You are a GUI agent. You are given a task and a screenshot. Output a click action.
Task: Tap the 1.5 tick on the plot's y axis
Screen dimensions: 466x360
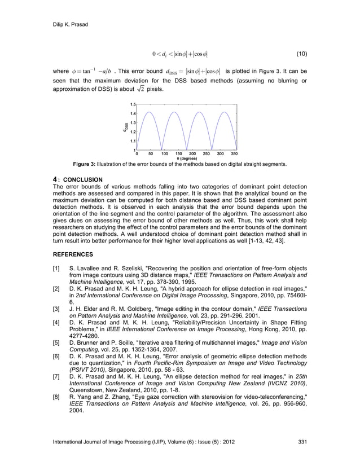132,104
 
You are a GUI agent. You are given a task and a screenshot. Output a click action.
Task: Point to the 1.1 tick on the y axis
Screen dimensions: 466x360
132,140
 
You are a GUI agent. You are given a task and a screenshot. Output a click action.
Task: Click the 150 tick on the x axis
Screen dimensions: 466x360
178,153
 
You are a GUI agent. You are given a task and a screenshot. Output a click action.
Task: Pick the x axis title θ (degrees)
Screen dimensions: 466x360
185,159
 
